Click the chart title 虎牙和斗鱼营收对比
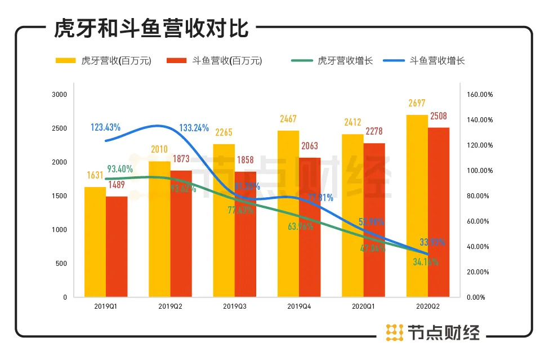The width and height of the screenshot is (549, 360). (151, 28)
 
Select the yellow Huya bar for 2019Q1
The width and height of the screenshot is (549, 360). (95, 242)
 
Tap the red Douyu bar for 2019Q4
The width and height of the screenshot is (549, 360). (309, 225)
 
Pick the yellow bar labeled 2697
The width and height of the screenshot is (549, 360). (417, 206)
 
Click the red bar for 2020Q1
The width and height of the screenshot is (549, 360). (374, 220)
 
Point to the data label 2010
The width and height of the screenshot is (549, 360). (159, 149)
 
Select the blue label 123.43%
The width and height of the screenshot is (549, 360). (105, 127)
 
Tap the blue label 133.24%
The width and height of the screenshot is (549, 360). (194, 128)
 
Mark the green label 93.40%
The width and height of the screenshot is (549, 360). (120, 168)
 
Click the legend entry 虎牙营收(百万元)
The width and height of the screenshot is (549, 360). (104, 61)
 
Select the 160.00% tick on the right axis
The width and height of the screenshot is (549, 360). (480, 95)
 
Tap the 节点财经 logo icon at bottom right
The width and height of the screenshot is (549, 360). (394, 332)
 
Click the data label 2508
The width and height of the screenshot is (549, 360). (439, 116)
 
